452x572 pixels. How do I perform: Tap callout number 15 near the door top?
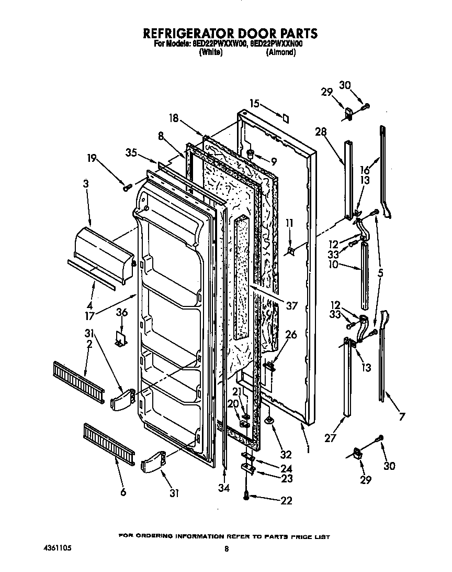254,104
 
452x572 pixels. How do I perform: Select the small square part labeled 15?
285,118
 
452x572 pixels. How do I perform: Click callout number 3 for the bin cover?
86,184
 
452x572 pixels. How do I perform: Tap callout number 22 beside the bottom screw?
286,501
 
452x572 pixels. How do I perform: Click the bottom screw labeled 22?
246,494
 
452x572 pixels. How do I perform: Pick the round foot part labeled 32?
270,419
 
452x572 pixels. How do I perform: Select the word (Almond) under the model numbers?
281,53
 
